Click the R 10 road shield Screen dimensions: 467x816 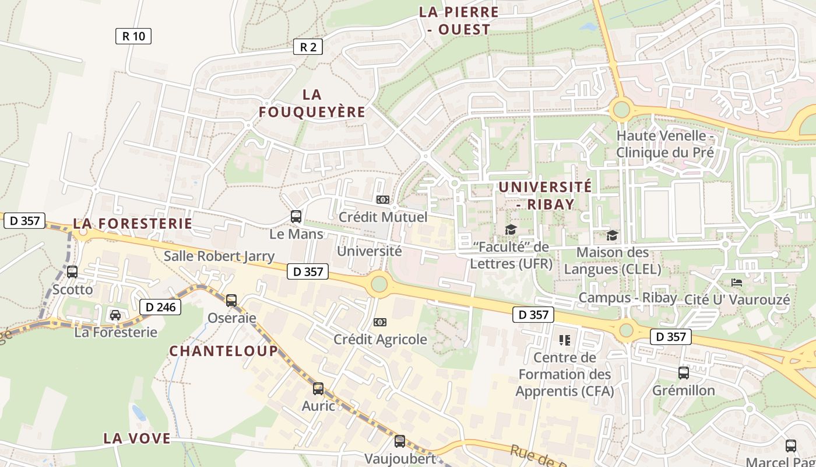133,36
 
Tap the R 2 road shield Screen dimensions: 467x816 307,47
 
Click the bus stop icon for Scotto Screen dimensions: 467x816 72,272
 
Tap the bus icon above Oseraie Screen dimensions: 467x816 231,301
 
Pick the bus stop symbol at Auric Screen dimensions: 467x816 318,389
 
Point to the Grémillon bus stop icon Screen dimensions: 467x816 684,373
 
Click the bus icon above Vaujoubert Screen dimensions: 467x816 400,441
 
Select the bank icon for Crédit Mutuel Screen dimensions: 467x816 383,200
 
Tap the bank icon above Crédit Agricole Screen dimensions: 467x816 380,322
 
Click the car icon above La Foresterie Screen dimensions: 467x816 115,315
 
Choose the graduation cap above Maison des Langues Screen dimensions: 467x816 612,235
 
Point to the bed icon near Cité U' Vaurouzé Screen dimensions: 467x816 737,283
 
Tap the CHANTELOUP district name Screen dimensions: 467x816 224,351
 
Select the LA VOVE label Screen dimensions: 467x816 137,438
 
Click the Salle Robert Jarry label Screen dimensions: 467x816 219,256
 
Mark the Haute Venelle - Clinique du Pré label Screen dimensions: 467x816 665,144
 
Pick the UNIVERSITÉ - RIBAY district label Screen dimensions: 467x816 545,195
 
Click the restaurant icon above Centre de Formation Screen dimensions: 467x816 564,340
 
